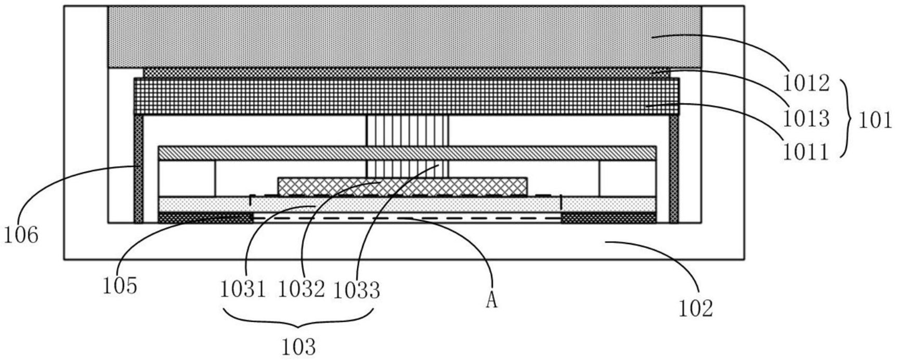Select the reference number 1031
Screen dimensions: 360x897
click(x=244, y=290)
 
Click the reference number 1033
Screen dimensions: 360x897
click(x=356, y=290)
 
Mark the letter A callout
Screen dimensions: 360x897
click(x=491, y=301)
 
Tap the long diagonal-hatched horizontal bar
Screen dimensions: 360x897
click(x=407, y=153)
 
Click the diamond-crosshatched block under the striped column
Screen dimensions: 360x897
click(x=402, y=186)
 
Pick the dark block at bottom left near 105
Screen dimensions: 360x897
click(x=205, y=218)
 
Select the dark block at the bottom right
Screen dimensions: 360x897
click(x=609, y=218)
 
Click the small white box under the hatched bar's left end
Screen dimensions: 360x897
click(x=187, y=178)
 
